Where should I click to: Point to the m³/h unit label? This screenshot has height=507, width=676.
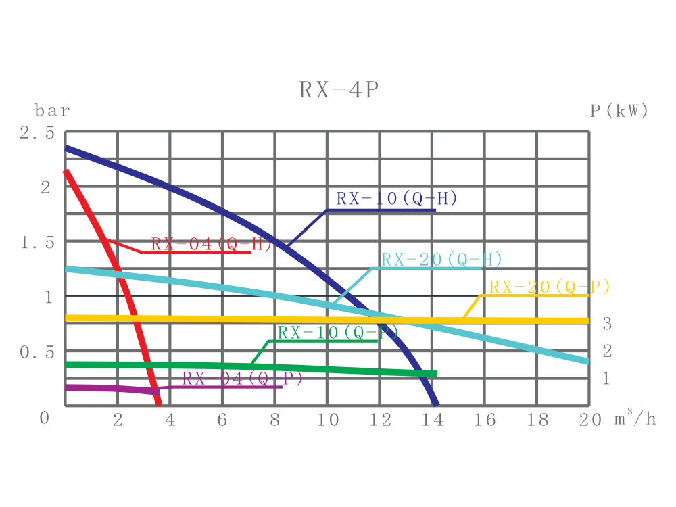635,419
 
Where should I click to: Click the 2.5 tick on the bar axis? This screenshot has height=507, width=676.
37,133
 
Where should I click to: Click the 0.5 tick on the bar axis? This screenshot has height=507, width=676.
37,352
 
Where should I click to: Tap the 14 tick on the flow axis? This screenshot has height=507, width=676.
432,420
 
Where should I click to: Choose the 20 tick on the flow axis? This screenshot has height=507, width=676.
589,420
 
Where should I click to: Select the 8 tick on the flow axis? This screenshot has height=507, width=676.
274,420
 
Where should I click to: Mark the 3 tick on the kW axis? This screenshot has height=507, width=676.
607,324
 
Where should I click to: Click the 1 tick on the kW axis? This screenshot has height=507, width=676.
606,379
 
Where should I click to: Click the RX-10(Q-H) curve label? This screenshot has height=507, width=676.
397,199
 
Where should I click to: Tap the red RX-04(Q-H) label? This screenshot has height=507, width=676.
211,244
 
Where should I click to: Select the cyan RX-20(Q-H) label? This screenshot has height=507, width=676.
441,260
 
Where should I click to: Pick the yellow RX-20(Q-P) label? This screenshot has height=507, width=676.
550,287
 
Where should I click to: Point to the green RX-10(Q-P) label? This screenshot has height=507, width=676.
338,333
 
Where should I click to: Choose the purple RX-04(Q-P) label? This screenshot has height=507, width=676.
242,379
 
